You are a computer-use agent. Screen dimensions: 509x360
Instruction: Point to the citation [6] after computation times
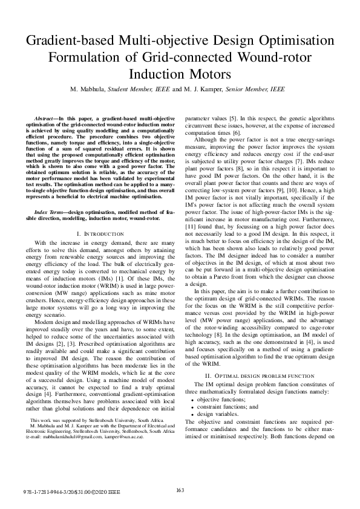tap(237, 132)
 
